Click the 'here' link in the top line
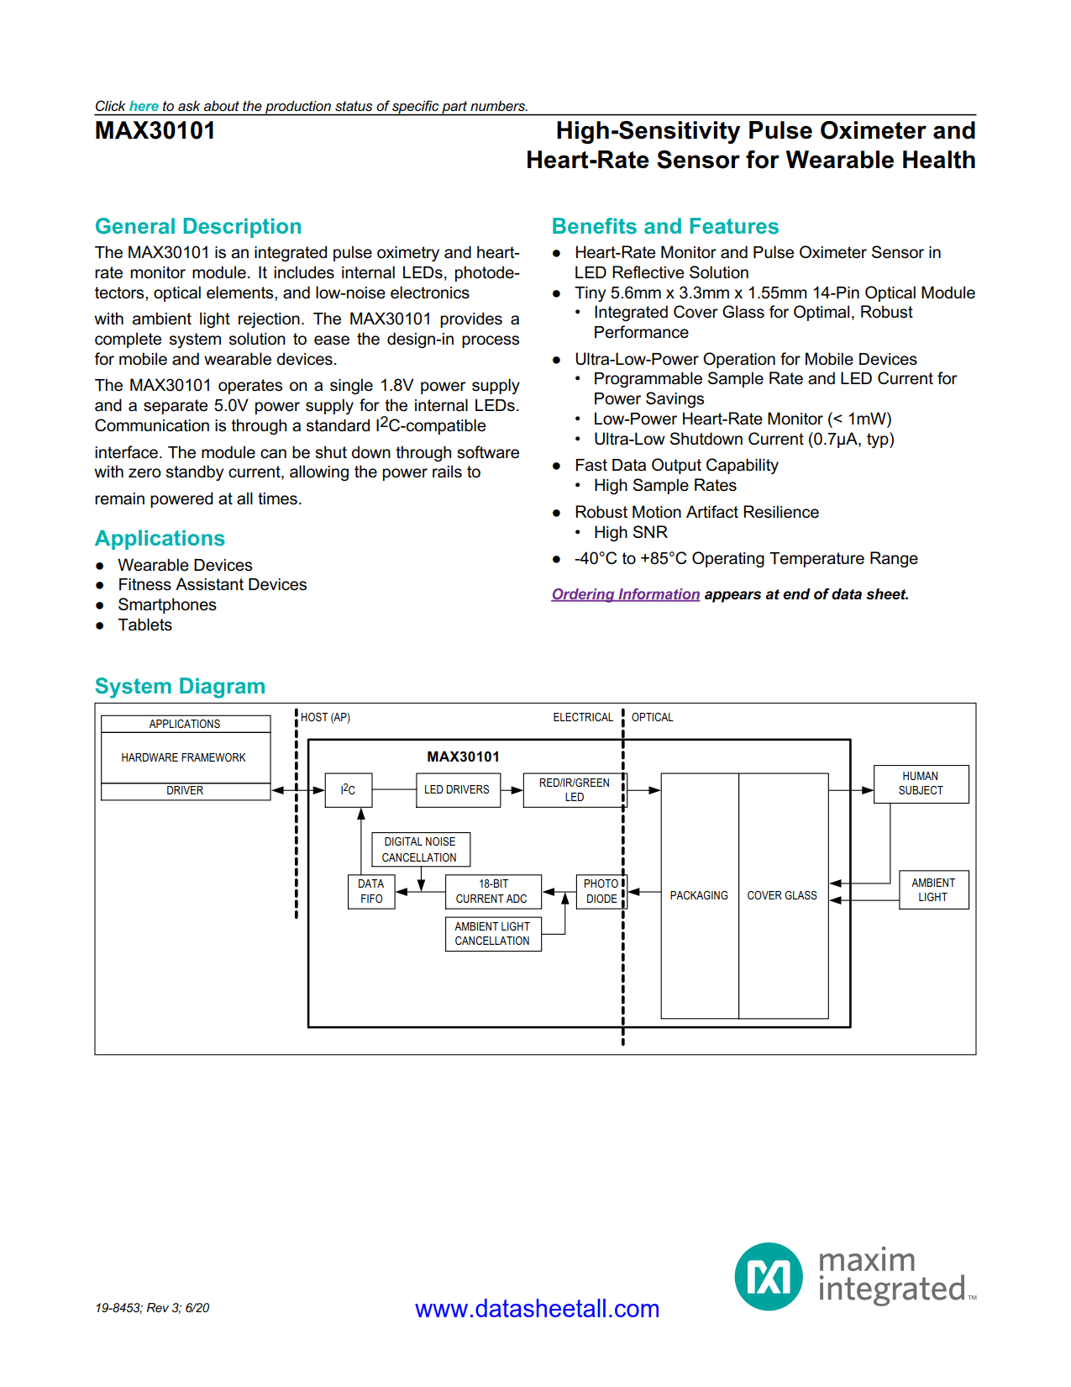pyautogui.click(x=144, y=106)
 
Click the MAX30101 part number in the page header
pyautogui.click(x=155, y=131)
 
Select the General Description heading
pyautogui.click(x=198, y=227)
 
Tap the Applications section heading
pyautogui.click(x=160, y=539)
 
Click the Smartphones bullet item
pyautogui.click(x=166, y=605)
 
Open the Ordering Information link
pyautogui.click(x=625, y=594)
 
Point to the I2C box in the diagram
pyautogui.click(x=348, y=790)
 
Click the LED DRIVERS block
pyautogui.click(x=457, y=790)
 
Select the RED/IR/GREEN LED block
pyautogui.click(x=574, y=790)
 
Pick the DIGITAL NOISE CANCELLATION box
pyautogui.click(x=420, y=849)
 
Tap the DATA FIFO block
pyautogui.click(x=371, y=891)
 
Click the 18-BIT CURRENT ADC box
pyautogui.click(x=492, y=891)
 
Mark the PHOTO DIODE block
pyautogui.click(x=601, y=891)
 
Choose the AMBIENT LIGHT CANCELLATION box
pyautogui.click(x=492, y=934)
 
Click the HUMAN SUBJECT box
pyautogui.click(x=921, y=783)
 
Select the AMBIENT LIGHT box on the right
pyautogui.click(x=932, y=889)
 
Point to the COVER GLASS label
pyautogui.click(x=782, y=896)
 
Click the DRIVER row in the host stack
pyautogui.click(x=185, y=791)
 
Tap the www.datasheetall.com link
pyautogui.click(x=537, y=1309)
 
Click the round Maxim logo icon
pyautogui.click(x=769, y=1277)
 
